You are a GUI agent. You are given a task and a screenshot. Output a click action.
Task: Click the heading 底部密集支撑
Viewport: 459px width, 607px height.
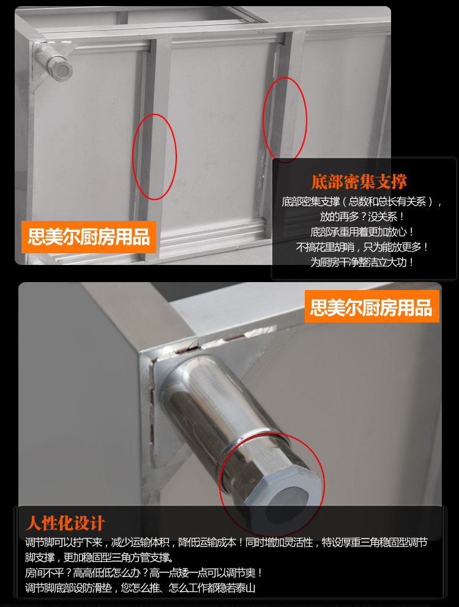point(359,182)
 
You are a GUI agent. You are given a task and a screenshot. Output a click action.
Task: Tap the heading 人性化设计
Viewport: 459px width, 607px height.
point(65,523)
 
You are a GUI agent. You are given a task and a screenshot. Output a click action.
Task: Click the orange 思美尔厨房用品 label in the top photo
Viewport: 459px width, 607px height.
point(89,237)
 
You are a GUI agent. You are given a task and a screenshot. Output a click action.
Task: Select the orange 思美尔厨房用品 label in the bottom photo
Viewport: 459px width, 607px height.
point(372,307)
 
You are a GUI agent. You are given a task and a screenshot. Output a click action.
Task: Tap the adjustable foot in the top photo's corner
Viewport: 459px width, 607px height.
point(52,62)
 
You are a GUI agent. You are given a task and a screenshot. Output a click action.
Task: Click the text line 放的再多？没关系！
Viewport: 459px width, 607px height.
point(362,217)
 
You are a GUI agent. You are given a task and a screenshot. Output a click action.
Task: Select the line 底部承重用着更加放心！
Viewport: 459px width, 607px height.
point(362,232)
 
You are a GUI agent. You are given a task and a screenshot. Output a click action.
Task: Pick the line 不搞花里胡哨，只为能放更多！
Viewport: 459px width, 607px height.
point(362,247)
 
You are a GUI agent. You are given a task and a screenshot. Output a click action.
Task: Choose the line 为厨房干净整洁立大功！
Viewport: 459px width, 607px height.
point(362,262)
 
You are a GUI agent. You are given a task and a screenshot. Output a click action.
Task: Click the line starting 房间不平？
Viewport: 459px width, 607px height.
point(144,573)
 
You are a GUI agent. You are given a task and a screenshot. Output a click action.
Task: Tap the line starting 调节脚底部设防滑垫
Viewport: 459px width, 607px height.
point(140,588)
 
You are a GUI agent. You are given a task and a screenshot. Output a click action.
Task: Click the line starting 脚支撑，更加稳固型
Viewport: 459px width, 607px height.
point(99,557)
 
